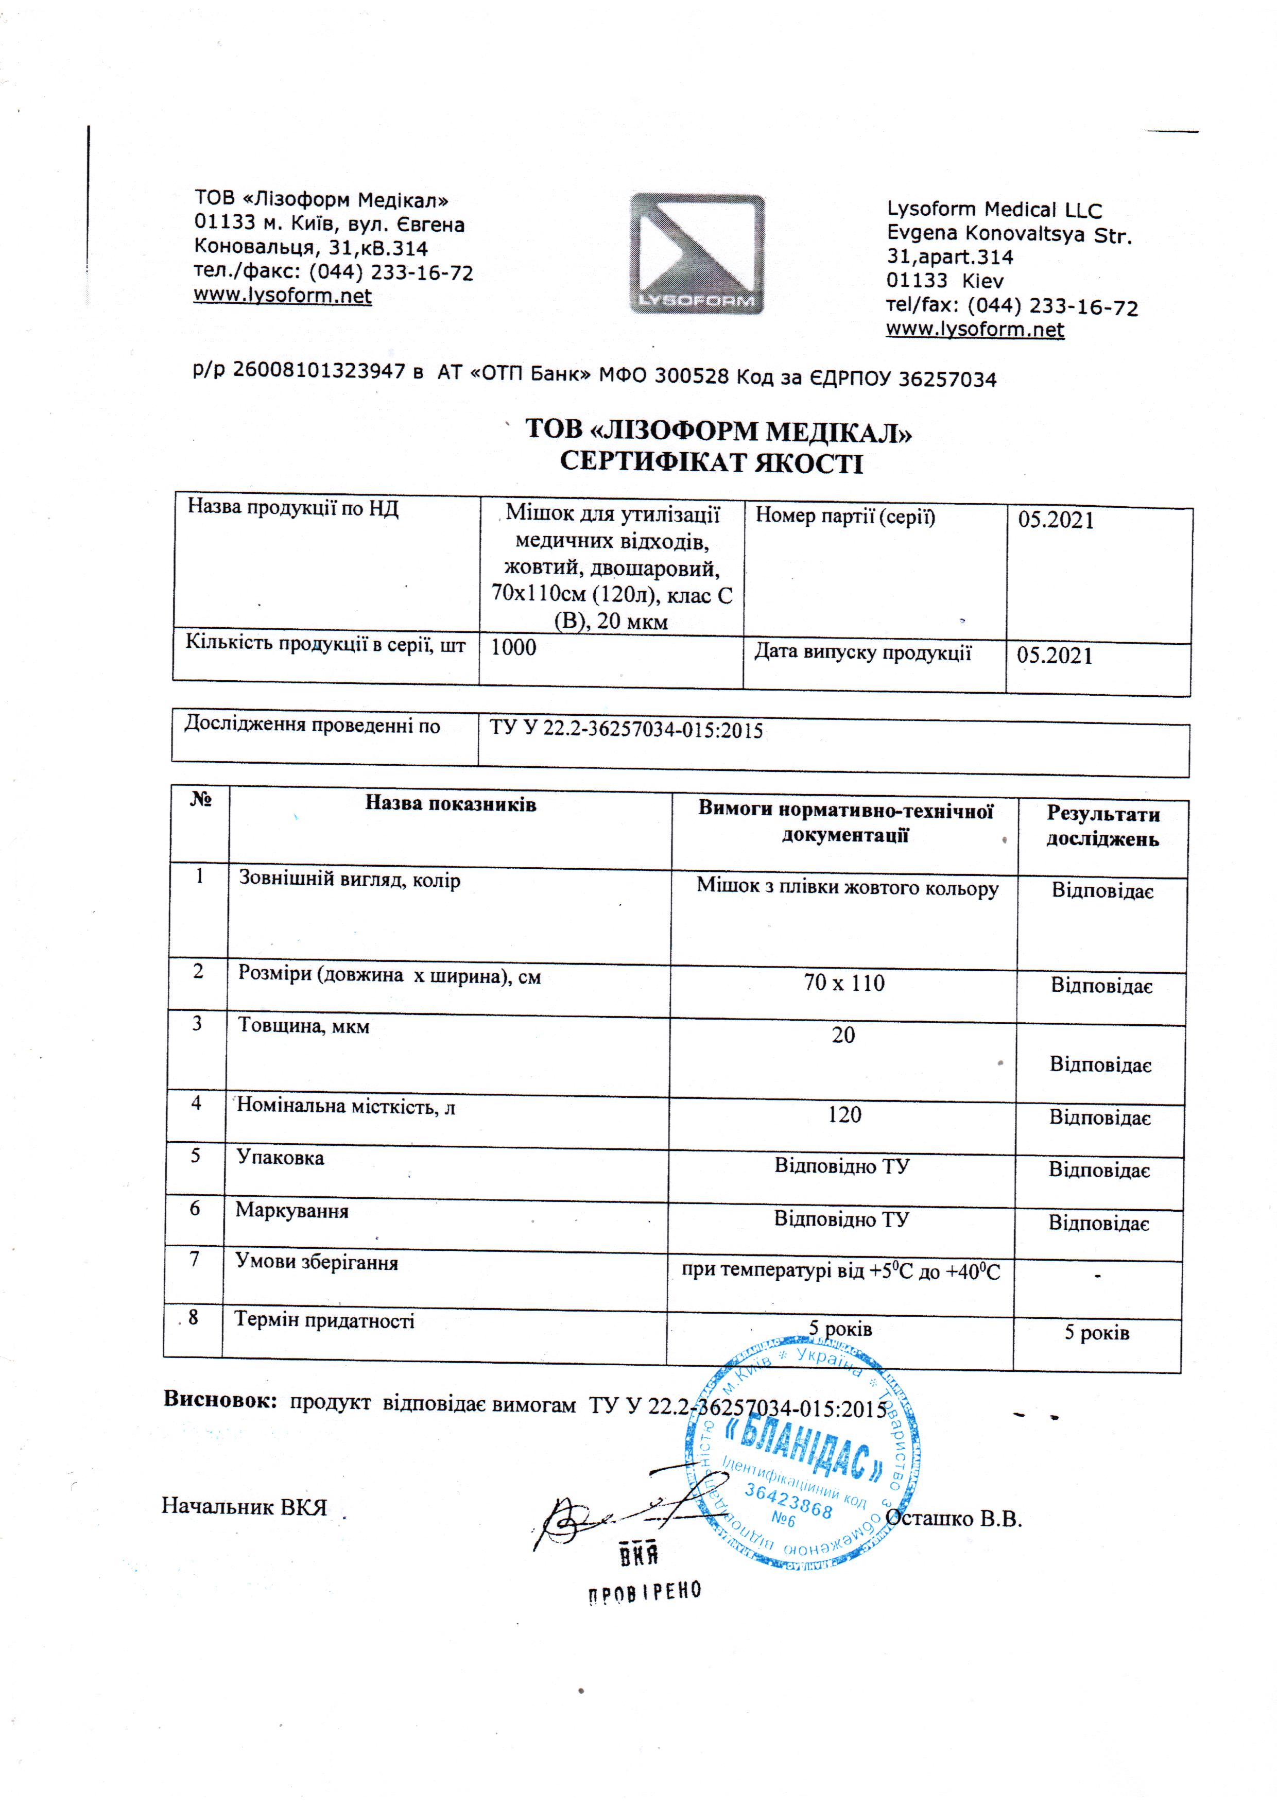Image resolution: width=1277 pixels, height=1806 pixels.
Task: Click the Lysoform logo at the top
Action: [x=697, y=253]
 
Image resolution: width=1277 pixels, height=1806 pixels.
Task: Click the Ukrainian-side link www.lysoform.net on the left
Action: [x=282, y=297]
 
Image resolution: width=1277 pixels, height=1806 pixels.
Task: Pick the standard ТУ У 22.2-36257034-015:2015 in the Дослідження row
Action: [x=626, y=730]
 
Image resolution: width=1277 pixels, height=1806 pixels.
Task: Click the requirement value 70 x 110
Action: [x=844, y=983]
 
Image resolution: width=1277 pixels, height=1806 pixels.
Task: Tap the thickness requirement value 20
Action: [x=843, y=1035]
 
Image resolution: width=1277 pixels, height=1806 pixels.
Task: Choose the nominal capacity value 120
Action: [x=844, y=1114]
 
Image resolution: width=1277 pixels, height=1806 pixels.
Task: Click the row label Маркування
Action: [x=292, y=1211]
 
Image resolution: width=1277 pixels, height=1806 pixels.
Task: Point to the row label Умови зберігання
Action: [x=317, y=1263]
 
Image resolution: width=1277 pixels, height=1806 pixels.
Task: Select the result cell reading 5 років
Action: [x=1096, y=1332]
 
